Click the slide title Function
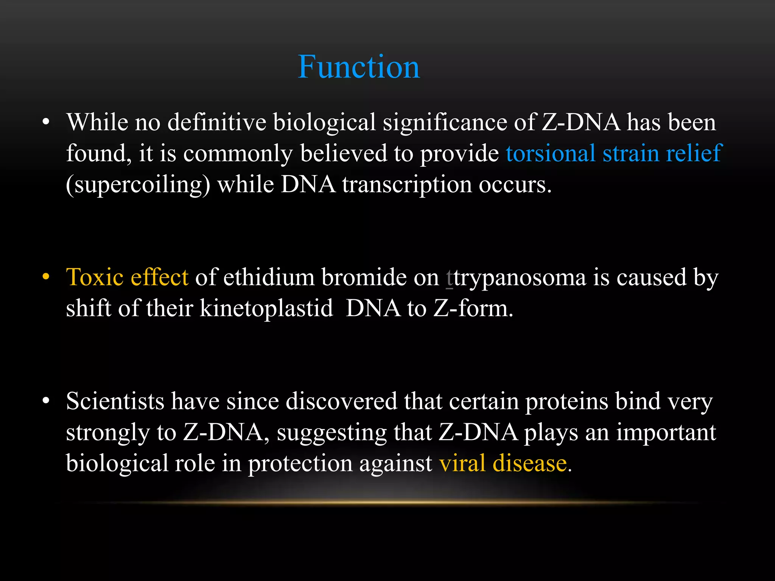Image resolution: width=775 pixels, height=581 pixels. click(x=359, y=67)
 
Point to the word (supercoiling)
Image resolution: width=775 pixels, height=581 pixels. click(x=138, y=185)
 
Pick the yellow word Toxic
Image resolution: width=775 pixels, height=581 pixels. click(x=95, y=277)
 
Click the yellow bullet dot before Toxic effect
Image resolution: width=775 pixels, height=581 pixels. click(x=46, y=277)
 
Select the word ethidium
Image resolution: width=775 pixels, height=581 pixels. click(x=269, y=277)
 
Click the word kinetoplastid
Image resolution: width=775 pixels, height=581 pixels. click(x=266, y=308)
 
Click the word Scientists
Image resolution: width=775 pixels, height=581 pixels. click(x=115, y=401)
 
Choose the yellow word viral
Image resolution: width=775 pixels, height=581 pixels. click(x=462, y=463)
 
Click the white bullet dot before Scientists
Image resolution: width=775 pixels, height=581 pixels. click(x=46, y=401)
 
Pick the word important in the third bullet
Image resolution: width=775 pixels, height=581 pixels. click(x=666, y=432)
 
